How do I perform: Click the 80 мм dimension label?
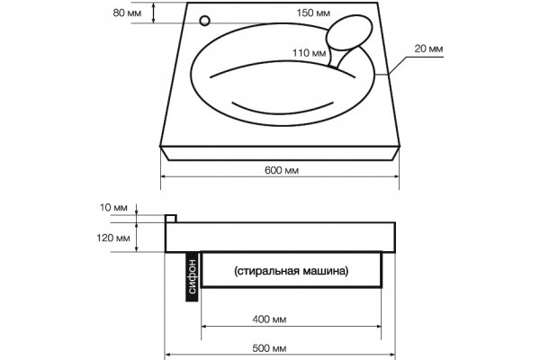pos(127,13)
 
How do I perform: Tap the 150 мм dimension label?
pos(313,13)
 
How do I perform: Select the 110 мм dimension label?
pos(310,53)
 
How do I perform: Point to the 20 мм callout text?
pos(428,49)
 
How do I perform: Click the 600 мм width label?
pos(282,170)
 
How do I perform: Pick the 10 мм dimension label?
pos(113,208)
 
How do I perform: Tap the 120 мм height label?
pos(113,238)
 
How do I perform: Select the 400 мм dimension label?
pos(269,319)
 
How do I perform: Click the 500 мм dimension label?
pos(269,348)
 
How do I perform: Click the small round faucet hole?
pos(204,21)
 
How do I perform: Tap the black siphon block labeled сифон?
pos(192,276)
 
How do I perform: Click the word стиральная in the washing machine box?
pos(267,271)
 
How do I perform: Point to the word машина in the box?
pos(326,271)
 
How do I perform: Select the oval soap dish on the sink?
pos(349,32)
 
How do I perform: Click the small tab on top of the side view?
pos(171,219)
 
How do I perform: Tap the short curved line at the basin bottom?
pos(283,112)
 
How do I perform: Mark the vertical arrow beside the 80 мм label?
pos(154,13)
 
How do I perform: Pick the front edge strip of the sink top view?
pos(280,153)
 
